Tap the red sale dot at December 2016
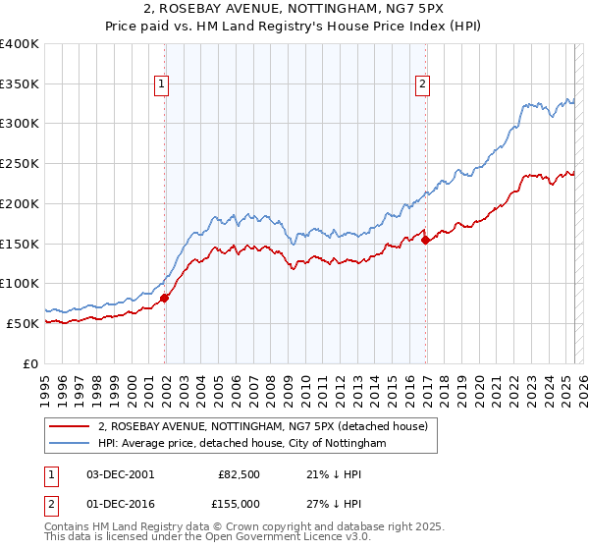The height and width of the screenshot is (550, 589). [x=425, y=241]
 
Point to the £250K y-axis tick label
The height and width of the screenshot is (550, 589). [x=20, y=164]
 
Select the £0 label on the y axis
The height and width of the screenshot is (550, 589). [x=31, y=363]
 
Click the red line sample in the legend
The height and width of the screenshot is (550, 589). [x=68, y=427]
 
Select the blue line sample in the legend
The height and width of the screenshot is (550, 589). [x=68, y=444]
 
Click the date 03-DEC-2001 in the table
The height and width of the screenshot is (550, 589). [x=121, y=474]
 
